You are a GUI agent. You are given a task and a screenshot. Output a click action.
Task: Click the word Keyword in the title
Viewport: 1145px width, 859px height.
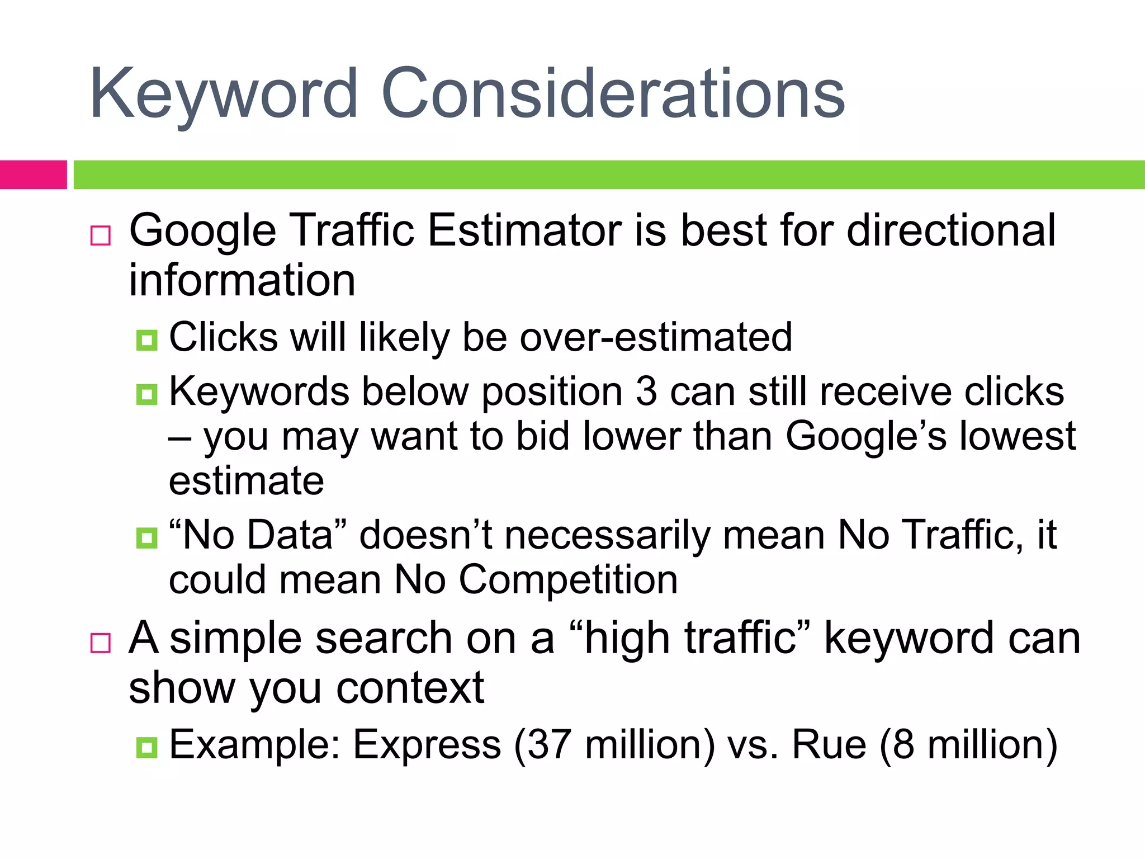tap(224, 94)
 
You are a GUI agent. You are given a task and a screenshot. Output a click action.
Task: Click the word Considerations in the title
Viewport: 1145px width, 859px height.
tap(613, 94)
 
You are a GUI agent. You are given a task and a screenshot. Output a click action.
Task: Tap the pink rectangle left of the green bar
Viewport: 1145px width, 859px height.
tap(33, 174)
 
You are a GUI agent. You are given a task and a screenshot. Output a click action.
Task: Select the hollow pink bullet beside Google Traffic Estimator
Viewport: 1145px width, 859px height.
tap(101, 235)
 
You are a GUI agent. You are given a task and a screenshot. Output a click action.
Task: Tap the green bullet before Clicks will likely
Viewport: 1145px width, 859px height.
tap(146, 339)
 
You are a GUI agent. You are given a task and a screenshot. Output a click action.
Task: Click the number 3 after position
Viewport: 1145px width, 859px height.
tap(646, 391)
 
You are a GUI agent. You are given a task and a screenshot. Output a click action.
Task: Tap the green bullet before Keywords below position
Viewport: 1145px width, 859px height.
tap(146, 394)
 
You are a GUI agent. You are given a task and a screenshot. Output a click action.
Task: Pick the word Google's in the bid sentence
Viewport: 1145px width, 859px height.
tap(866, 436)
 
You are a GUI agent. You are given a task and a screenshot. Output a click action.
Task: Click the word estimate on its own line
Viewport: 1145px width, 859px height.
tap(246, 481)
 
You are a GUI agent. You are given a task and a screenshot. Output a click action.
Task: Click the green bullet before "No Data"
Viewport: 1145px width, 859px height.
tap(146, 538)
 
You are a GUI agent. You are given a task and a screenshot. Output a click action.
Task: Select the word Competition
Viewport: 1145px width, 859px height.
tap(568, 579)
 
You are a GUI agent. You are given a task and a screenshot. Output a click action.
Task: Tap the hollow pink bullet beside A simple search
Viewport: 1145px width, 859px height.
tap(101, 643)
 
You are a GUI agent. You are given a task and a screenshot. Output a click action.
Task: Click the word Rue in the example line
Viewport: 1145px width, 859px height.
tap(829, 745)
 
